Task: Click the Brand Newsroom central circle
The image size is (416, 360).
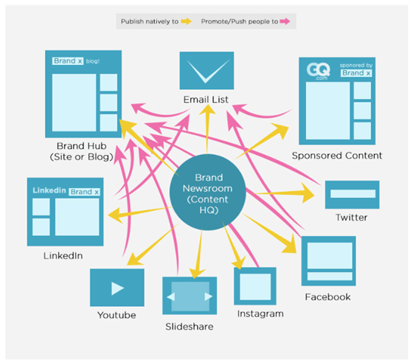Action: (208, 192)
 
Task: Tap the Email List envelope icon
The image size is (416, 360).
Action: (207, 71)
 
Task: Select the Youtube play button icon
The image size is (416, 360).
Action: (117, 288)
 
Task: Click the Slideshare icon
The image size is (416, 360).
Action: (190, 296)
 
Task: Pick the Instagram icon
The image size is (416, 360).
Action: (255, 286)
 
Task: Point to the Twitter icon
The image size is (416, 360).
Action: (353, 195)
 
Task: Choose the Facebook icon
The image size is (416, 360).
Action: (328, 261)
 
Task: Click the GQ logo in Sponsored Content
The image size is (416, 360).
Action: (319, 71)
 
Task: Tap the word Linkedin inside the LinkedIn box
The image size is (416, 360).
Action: (49, 190)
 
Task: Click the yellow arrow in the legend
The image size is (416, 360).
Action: (187, 21)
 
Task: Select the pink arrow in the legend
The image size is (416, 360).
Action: (285, 21)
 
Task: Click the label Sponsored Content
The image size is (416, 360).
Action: (337, 156)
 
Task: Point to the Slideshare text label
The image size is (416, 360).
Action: (189, 327)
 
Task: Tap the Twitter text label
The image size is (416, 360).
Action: (352, 218)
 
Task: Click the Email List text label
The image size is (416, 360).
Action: (206, 100)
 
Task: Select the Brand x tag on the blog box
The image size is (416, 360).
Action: (68, 61)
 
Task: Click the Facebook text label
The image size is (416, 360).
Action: (327, 297)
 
